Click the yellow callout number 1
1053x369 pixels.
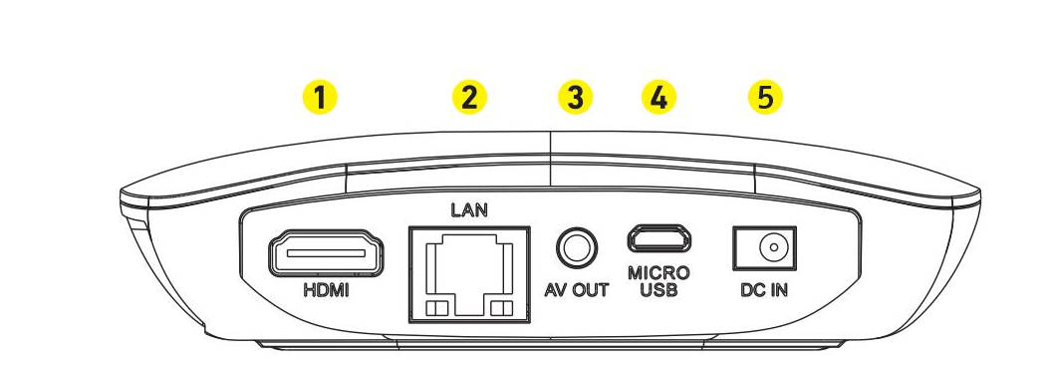tap(320, 98)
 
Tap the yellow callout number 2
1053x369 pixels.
tap(469, 98)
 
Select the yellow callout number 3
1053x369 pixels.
tap(576, 98)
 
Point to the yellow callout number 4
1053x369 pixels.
tap(658, 98)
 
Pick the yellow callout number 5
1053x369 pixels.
tap(765, 98)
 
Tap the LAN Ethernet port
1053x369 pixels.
tap(469, 274)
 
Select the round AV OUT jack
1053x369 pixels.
tap(576, 247)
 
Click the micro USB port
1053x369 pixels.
tap(658, 238)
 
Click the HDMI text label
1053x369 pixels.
tap(327, 291)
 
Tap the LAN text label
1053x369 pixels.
tap(469, 210)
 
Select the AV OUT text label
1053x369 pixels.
tap(576, 290)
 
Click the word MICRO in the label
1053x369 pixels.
tap(658, 273)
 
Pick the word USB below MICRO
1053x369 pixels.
tap(658, 290)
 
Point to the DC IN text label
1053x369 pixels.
tap(764, 290)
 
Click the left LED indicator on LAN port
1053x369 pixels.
tap(436, 308)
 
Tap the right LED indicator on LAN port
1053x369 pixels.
tap(501, 308)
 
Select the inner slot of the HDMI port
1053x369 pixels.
tap(327, 253)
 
